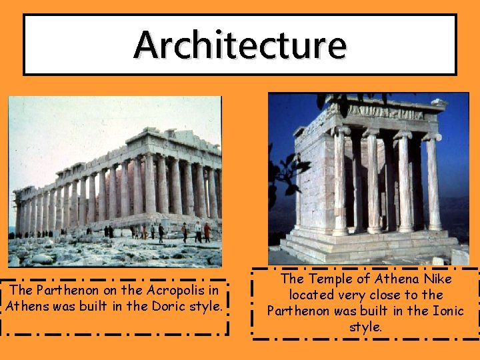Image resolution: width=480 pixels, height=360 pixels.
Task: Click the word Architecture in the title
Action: pyautogui.click(x=240, y=45)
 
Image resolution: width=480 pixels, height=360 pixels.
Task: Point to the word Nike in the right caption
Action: pyautogui.click(x=437, y=279)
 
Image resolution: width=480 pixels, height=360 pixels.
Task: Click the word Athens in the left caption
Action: pyautogui.click(x=26, y=307)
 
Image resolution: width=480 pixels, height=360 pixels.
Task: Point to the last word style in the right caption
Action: pyautogui.click(x=365, y=327)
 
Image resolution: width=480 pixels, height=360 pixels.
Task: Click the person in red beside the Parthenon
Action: pyautogui.click(x=207, y=231)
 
